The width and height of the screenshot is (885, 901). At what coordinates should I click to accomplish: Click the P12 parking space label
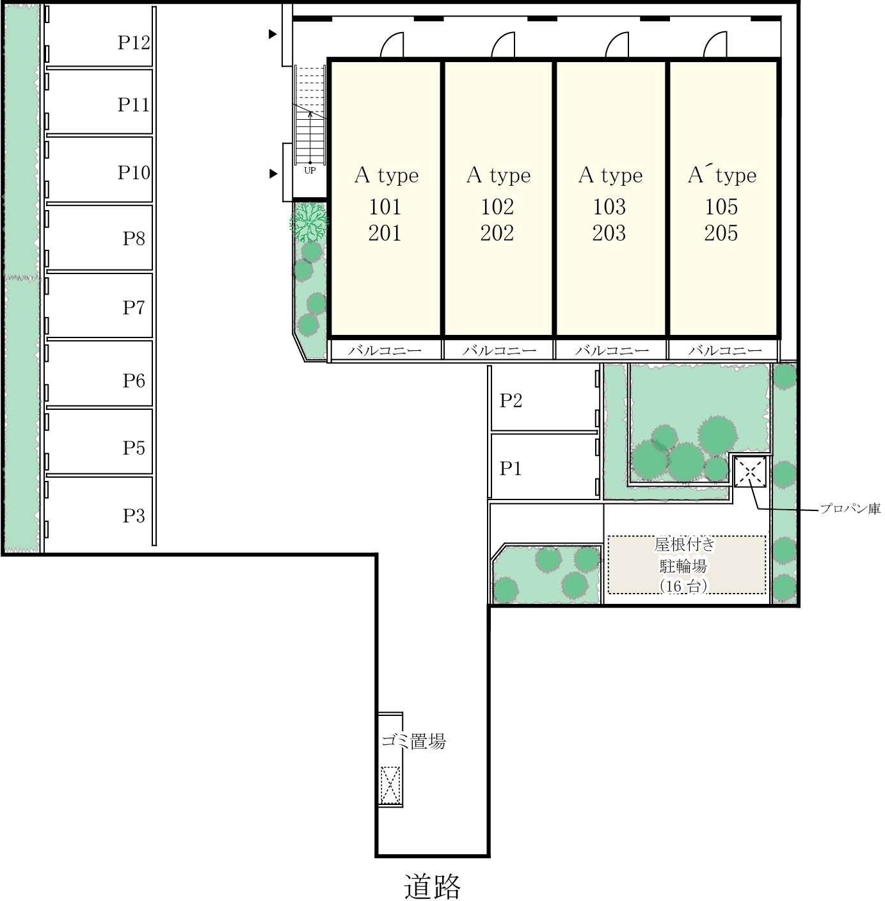(x=134, y=42)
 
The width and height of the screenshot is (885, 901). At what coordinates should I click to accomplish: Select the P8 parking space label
(x=134, y=238)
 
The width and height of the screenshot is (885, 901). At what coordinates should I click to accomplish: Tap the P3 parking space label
(x=134, y=515)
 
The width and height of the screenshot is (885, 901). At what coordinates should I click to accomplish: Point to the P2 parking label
(x=511, y=400)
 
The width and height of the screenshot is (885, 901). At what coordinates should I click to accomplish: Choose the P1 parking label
(x=510, y=468)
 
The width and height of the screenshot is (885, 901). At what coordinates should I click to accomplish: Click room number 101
(x=385, y=207)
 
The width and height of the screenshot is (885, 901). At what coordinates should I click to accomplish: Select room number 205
(x=721, y=233)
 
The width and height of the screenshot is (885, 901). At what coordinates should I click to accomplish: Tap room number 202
(x=497, y=233)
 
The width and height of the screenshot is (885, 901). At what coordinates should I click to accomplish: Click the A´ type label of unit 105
(x=722, y=175)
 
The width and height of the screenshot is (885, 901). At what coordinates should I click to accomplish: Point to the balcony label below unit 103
(x=611, y=350)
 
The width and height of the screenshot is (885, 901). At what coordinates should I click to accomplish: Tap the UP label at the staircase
(x=310, y=171)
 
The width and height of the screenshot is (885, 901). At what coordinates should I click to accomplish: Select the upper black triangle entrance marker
(x=273, y=34)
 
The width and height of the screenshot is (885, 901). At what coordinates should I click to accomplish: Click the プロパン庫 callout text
(x=850, y=508)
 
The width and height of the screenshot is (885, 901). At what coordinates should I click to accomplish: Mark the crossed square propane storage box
(x=750, y=472)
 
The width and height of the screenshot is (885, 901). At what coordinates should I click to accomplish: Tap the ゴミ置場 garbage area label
(x=413, y=741)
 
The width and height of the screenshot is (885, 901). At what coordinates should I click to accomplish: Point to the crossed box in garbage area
(x=390, y=785)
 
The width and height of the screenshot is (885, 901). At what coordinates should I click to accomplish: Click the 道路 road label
(x=432, y=886)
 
